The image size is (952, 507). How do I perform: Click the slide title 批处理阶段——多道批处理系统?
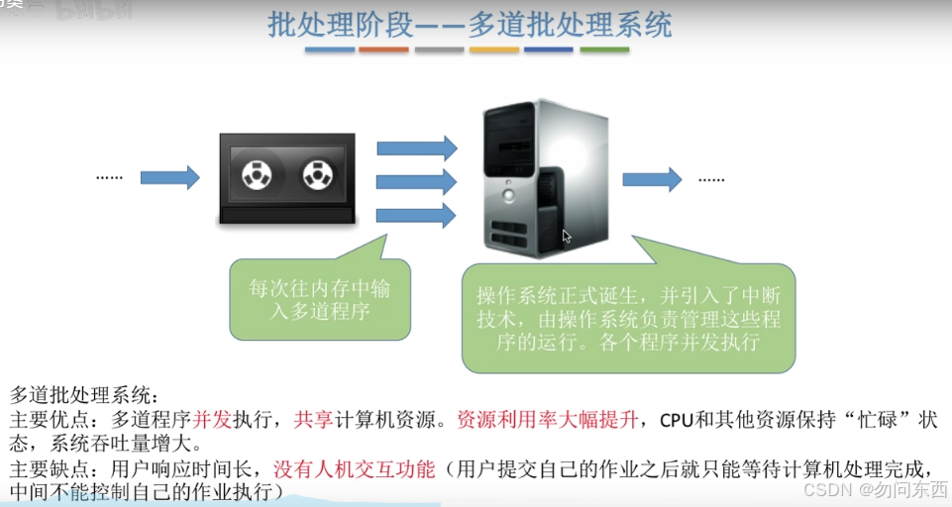(470, 24)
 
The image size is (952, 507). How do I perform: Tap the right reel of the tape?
(317, 176)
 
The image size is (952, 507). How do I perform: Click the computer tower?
(543, 178)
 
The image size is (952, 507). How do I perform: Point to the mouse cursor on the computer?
(567, 237)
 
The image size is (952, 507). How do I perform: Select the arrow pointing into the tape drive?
(169, 178)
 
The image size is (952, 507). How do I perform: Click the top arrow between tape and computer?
(416, 150)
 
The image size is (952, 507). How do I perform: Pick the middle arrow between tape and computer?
(416, 181)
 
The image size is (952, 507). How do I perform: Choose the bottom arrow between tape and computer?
(416, 214)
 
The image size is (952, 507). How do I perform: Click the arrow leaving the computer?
(652, 178)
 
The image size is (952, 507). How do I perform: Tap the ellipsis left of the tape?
(109, 178)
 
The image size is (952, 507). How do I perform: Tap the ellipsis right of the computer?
(711, 178)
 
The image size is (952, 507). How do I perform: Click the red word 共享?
(313, 419)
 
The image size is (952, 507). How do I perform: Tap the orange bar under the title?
(493, 49)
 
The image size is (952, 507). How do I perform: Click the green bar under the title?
(604, 49)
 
